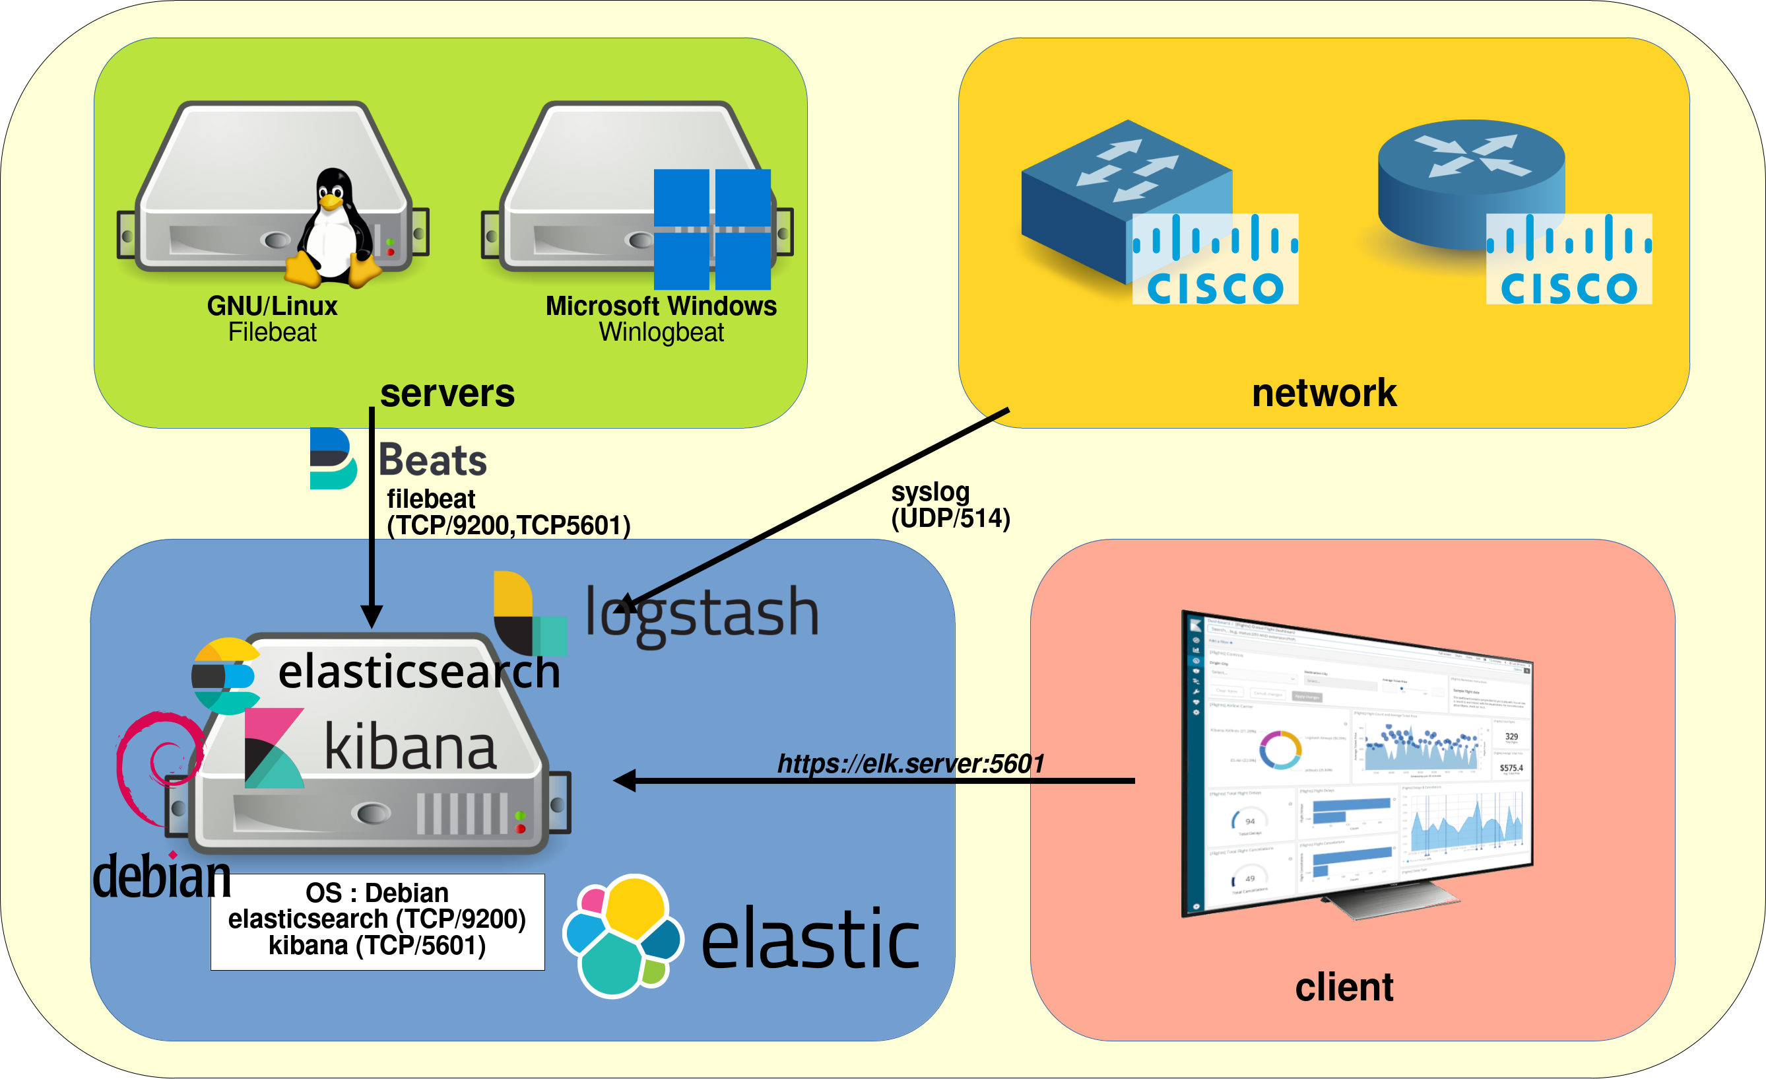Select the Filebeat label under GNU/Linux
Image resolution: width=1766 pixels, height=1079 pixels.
pyautogui.click(x=273, y=333)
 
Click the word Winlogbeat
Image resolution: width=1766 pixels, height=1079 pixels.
pyautogui.click(x=661, y=333)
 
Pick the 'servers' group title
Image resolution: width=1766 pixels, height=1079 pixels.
pyautogui.click(x=447, y=394)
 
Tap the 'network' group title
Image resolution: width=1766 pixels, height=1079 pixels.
pyautogui.click(x=1324, y=394)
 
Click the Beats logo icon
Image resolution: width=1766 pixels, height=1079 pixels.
pyautogui.click(x=332, y=459)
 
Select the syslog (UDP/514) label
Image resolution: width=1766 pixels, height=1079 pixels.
pyautogui.click(x=950, y=505)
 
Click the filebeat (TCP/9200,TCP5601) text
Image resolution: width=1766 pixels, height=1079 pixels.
pyautogui.click(x=507, y=512)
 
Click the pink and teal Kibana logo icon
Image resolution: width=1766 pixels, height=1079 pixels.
pyautogui.click(x=274, y=748)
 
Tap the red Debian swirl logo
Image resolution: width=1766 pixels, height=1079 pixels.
pyautogui.click(x=159, y=767)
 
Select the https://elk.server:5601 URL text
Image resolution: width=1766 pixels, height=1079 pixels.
pyautogui.click(x=910, y=763)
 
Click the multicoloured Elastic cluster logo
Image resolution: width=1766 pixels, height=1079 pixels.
pyautogui.click(x=622, y=936)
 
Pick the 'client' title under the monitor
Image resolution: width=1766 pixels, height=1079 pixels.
pyautogui.click(x=1344, y=987)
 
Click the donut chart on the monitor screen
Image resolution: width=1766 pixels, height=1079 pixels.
pyautogui.click(x=1281, y=750)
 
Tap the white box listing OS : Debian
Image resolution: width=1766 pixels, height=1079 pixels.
pyautogui.click(x=377, y=921)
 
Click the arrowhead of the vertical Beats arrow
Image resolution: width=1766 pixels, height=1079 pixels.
pyautogui.click(x=372, y=617)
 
